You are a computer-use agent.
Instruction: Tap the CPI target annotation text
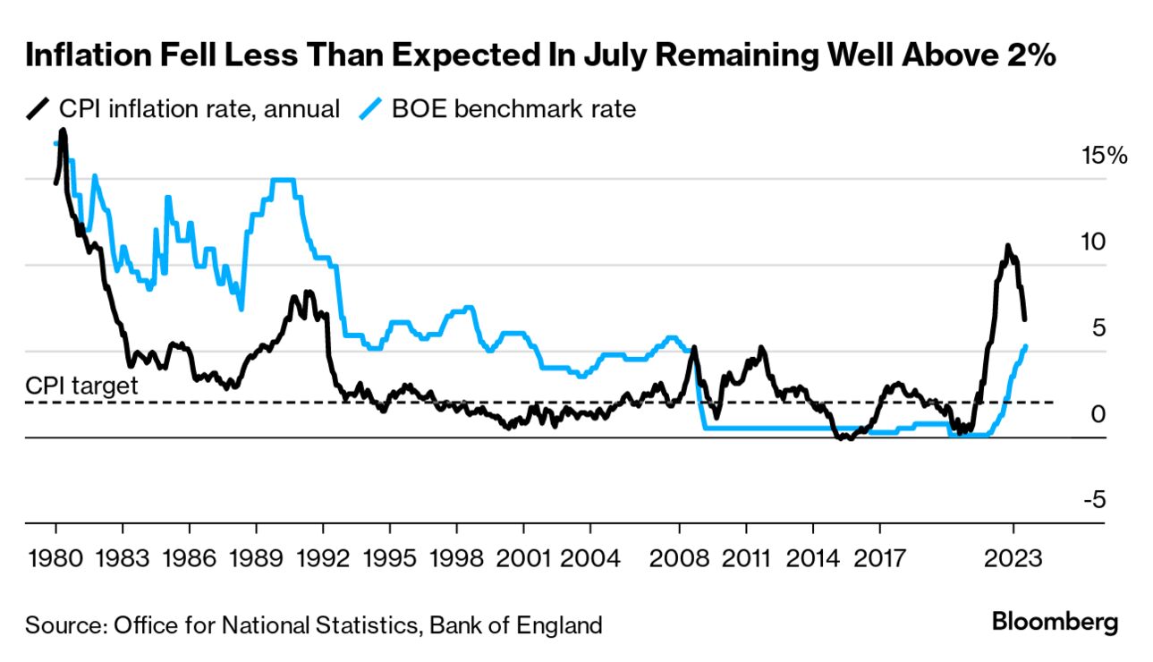click(81, 386)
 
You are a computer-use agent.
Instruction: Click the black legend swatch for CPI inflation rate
click(38, 109)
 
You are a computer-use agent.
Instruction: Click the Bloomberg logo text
click(1056, 622)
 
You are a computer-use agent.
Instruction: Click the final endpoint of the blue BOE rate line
click(1025, 345)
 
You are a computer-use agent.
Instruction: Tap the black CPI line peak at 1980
click(63, 131)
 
